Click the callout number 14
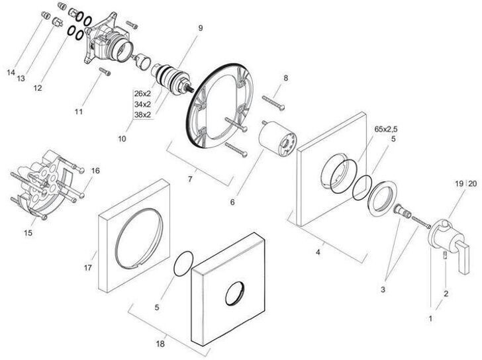pyautogui.click(x=11, y=71)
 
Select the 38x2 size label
pyautogui.click(x=142, y=114)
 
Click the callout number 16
pyautogui.click(x=95, y=171)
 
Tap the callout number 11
pyautogui.click(x=78, y=112)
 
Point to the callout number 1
pyautogui.click(x=430, y=318)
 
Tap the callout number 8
pyautogui.click(x=285, y=78)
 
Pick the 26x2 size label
pyautogui.click(x=142, y=93)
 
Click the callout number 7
pyautogui.click(x=191, y=179)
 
